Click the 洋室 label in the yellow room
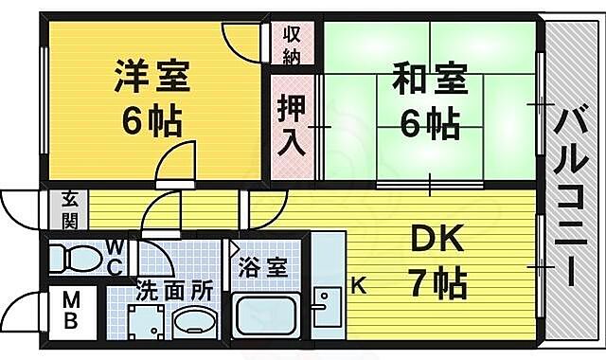pos(152,76)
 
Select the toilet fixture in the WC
pos(76,257)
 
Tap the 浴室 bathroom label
pos(261,267)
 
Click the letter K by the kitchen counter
pos(359,282)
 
